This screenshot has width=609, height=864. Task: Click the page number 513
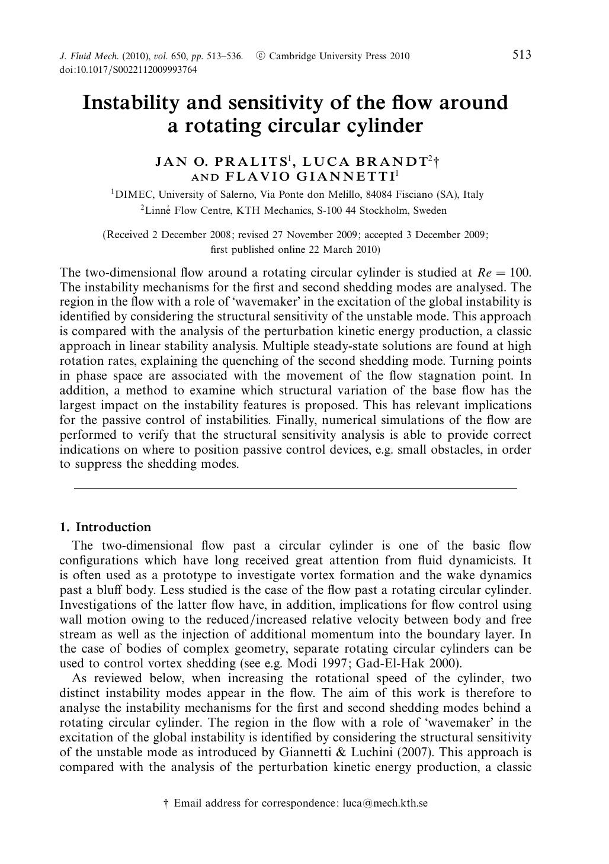click(521, 55)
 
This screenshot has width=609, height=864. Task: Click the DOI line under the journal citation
click(129, 70)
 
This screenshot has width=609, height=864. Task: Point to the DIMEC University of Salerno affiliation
click(297, 194)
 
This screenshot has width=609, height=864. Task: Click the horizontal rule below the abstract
click(295, 488)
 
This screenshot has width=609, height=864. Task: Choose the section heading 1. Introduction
click(105, 527)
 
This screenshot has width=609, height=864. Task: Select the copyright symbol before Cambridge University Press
click(260, 56)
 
